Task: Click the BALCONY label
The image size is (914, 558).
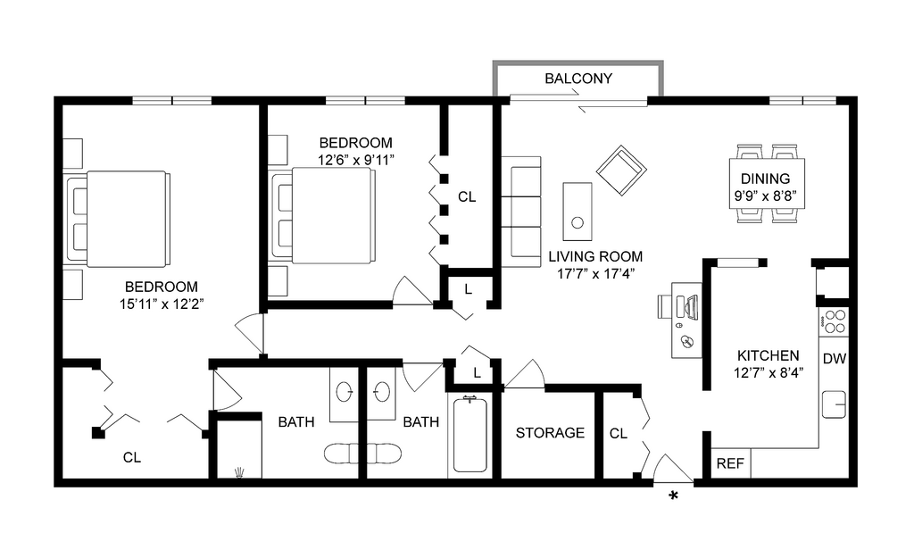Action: point(578,79)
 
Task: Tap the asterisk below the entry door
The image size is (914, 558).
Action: point(673,496)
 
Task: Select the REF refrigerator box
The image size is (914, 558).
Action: point(731,463)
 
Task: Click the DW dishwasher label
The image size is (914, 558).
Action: point(835,359)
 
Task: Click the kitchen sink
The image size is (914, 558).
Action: point(835,404)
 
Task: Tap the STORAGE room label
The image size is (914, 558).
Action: point(550,433)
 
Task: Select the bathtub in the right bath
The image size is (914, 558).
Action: point(469,435)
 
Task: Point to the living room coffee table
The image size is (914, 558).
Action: point(577,211)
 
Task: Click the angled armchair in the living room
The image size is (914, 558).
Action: point(621,171)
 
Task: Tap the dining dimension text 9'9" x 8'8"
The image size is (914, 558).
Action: point(765,196)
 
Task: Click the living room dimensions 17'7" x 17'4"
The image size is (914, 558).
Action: point(595,273)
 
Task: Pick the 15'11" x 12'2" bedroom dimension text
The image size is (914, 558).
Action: point(162,304)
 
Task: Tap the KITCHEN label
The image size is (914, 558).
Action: point(769,355)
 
